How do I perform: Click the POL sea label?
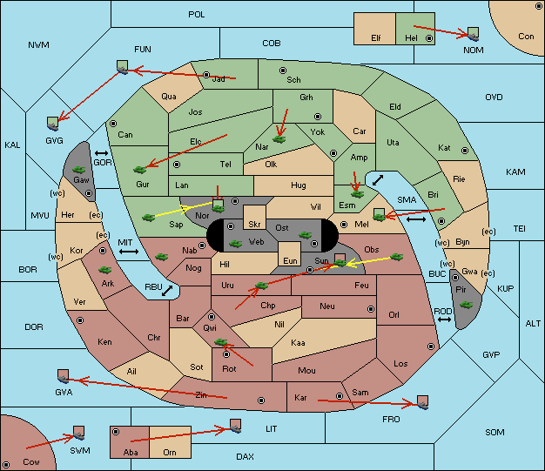click(x=197, y=15)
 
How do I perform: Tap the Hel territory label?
click(x=411, y=38)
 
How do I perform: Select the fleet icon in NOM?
click(x=473, y=35)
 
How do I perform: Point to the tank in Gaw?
click(x=79, y=170)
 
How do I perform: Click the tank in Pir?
click(x=466, y=305)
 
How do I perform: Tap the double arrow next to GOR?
click(x=101, y=153)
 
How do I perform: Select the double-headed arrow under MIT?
click(x=129, y=252)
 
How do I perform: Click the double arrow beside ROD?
click(x=444, y=320)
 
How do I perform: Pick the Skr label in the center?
click(x=254, y=225)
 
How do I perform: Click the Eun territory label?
click(x=290, y=260)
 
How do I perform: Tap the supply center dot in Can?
click(x=113, y=124)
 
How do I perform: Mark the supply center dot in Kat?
click(x=465, y=151)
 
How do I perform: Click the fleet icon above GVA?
click(x=64, y=376)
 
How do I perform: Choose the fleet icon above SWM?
click(x=79, y=433)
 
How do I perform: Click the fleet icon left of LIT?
click(x=236, y=426)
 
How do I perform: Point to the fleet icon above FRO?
click(x=422, y=402)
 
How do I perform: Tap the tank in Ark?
click(x=105, y=270)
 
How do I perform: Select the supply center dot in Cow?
click(x=6, y=465)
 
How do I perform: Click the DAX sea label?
click(x=245, y=456)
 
